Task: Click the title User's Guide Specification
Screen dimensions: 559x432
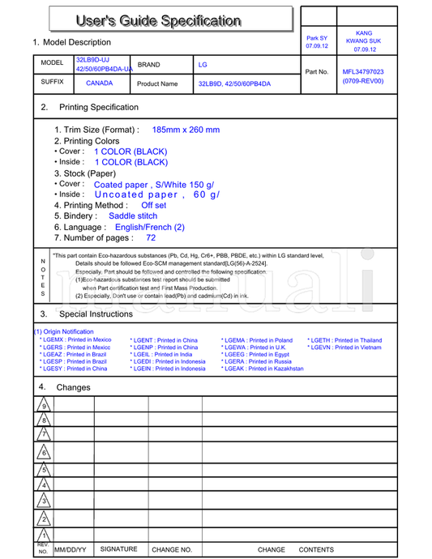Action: [x=158, y=20]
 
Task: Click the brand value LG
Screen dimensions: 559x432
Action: [x=203, y=63]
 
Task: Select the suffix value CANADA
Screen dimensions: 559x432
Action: [x=100, y=83]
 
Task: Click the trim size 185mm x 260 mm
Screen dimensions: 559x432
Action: [x=186, y=130]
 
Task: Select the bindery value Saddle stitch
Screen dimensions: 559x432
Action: [x=133, y=216]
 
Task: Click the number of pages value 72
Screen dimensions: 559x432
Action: [x=151, y=238]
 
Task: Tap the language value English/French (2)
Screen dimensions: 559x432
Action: [x=150, y=228]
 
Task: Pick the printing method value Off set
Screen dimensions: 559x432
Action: [x=153, y=206]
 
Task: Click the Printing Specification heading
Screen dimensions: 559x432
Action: [x=99, y=107]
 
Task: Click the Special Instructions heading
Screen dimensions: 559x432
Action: [x=96, y=314]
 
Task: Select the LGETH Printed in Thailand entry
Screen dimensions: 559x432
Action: [x=344, y=340]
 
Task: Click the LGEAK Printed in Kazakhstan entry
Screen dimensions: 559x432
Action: [x=263, y=369]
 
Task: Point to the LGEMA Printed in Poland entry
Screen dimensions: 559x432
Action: [x=257, y=340]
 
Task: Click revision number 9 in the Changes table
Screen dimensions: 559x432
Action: [x=44, y=406]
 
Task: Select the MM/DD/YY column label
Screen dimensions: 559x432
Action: [x=70, y=549]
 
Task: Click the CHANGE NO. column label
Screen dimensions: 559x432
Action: [x=172, y=549]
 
